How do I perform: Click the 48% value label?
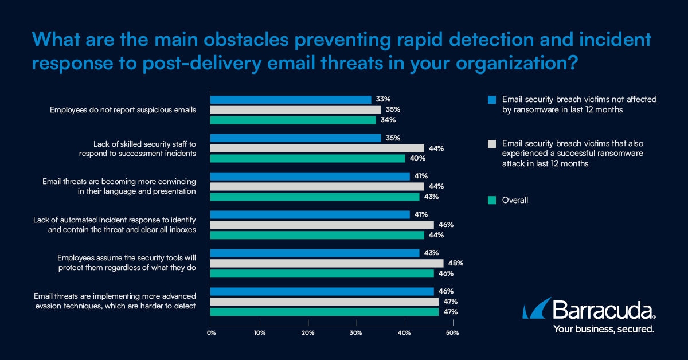456,263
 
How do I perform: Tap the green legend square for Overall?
491,201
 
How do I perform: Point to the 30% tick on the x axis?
356,333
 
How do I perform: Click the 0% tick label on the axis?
211,333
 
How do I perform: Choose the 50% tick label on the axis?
452,333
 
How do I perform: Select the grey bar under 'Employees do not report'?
295,110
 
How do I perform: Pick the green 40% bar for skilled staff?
307,158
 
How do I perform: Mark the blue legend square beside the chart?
491,100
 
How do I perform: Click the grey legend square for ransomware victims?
491,143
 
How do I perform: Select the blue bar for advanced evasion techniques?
322,291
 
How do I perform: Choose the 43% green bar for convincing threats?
315,197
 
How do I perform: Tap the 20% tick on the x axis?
308,333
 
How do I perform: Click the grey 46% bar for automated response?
322,225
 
